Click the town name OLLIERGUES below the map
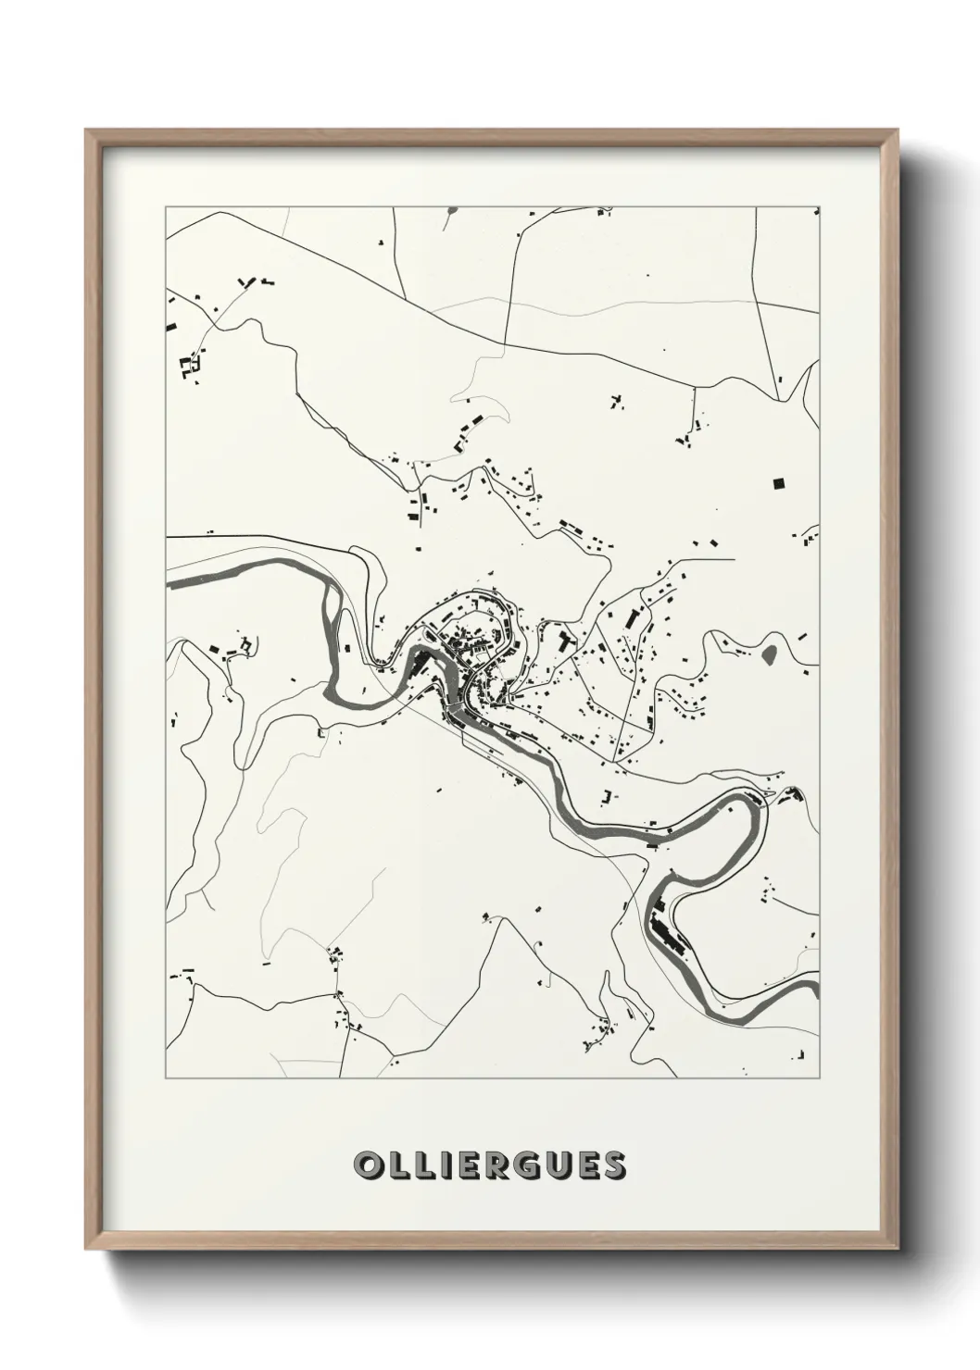click(x=489, y=1165)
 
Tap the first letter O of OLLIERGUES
click(x=366, y=1165)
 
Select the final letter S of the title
click(x=614, y=1165)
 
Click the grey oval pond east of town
click(x=770, y=654)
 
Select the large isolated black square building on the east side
click(x=778, y=482)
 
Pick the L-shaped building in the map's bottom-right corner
click(x=802, y=1055)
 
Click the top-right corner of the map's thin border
click(x=821, y=207)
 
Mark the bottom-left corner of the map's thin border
click(x=166, y=1078)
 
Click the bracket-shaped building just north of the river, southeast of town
click(x=609, y=795)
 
